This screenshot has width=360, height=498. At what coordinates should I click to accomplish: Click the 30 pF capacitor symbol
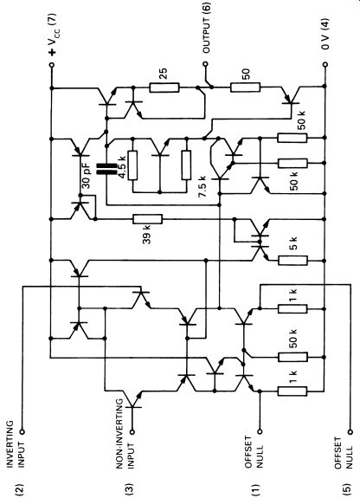[106, 169]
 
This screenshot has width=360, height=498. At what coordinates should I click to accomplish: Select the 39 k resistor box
[148, 219]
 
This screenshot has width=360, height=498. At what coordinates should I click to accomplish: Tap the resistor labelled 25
[164, 87]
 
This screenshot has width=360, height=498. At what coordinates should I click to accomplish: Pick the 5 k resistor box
[292, 261]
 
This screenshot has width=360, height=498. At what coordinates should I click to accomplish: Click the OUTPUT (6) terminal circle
[205, 64]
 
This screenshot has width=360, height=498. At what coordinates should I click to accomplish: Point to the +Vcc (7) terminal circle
[52, 65]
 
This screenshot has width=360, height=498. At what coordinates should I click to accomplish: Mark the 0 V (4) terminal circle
[325, 64]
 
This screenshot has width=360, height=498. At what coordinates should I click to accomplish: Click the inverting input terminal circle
[22, 431]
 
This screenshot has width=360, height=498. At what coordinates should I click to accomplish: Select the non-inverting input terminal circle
[132, 431]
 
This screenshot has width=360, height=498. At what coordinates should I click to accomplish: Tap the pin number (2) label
[20, 488]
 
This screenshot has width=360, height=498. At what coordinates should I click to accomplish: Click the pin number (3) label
[130, 488]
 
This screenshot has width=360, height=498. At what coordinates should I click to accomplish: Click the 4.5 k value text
[123, 167]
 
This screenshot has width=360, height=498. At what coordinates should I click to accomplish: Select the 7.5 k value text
[202, 186]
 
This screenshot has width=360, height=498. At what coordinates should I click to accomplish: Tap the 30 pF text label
[87, 176]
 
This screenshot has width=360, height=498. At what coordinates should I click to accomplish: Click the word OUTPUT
[206, 36]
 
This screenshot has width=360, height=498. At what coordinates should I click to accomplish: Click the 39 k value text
[146, 235]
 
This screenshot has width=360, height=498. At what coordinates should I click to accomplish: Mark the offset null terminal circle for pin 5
[350, 431]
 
